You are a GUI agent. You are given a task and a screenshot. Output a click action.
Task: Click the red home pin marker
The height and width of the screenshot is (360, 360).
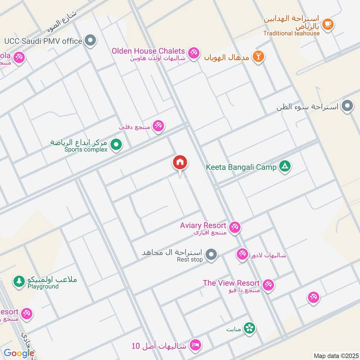pos(180,162)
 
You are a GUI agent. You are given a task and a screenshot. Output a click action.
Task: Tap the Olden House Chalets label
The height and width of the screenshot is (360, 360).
pos(148,51)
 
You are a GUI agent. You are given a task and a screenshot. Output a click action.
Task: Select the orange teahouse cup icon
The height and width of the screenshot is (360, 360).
pos(328,24)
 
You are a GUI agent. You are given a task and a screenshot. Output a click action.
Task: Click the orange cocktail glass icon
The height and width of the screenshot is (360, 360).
pos(258,57)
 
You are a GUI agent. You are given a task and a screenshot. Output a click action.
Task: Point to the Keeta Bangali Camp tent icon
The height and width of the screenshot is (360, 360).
pos(284,167)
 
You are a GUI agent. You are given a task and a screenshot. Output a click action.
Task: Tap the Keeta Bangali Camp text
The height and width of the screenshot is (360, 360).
pos(241,167)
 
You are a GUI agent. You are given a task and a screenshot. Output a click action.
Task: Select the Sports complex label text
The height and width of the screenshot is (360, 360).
pos(86,149)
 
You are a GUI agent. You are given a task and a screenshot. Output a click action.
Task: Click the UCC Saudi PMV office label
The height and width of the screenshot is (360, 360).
pos(43,41)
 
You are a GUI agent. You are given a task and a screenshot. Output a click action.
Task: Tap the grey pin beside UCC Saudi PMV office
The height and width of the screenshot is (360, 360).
pos(91,41)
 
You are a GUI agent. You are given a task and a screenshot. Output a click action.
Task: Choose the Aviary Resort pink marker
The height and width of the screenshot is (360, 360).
pos(234,227)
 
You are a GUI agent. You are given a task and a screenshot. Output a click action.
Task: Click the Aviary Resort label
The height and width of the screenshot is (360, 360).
pos(203,225)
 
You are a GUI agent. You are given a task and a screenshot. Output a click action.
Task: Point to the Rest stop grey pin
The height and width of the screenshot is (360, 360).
pos(212,255)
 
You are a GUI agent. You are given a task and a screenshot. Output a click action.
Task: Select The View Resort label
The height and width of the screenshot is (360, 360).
pos(231,283)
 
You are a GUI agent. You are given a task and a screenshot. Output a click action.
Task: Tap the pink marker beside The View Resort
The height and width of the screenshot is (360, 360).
pos(268,285)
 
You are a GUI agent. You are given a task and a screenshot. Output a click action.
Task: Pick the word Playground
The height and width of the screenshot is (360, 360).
pos(43,286)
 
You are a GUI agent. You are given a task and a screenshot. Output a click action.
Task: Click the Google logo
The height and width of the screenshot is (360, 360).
pos(19,353)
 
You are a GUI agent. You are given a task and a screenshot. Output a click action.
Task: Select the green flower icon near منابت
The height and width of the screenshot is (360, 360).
pos(249,328)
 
